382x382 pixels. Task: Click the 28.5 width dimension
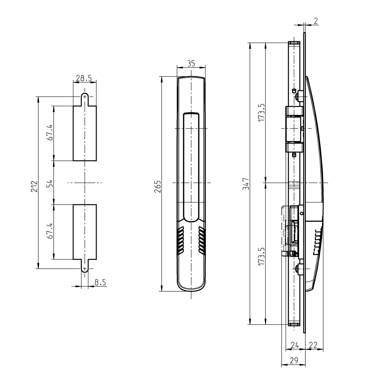84,78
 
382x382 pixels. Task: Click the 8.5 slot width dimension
100,283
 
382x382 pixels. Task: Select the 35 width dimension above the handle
191,64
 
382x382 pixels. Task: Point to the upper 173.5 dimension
261,112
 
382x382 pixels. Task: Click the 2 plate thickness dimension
316,21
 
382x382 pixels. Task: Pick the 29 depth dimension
293,360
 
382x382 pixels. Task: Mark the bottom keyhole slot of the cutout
84,266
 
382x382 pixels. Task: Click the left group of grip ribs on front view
180,240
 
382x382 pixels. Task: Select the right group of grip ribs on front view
202,240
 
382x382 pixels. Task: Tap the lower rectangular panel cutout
84,232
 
